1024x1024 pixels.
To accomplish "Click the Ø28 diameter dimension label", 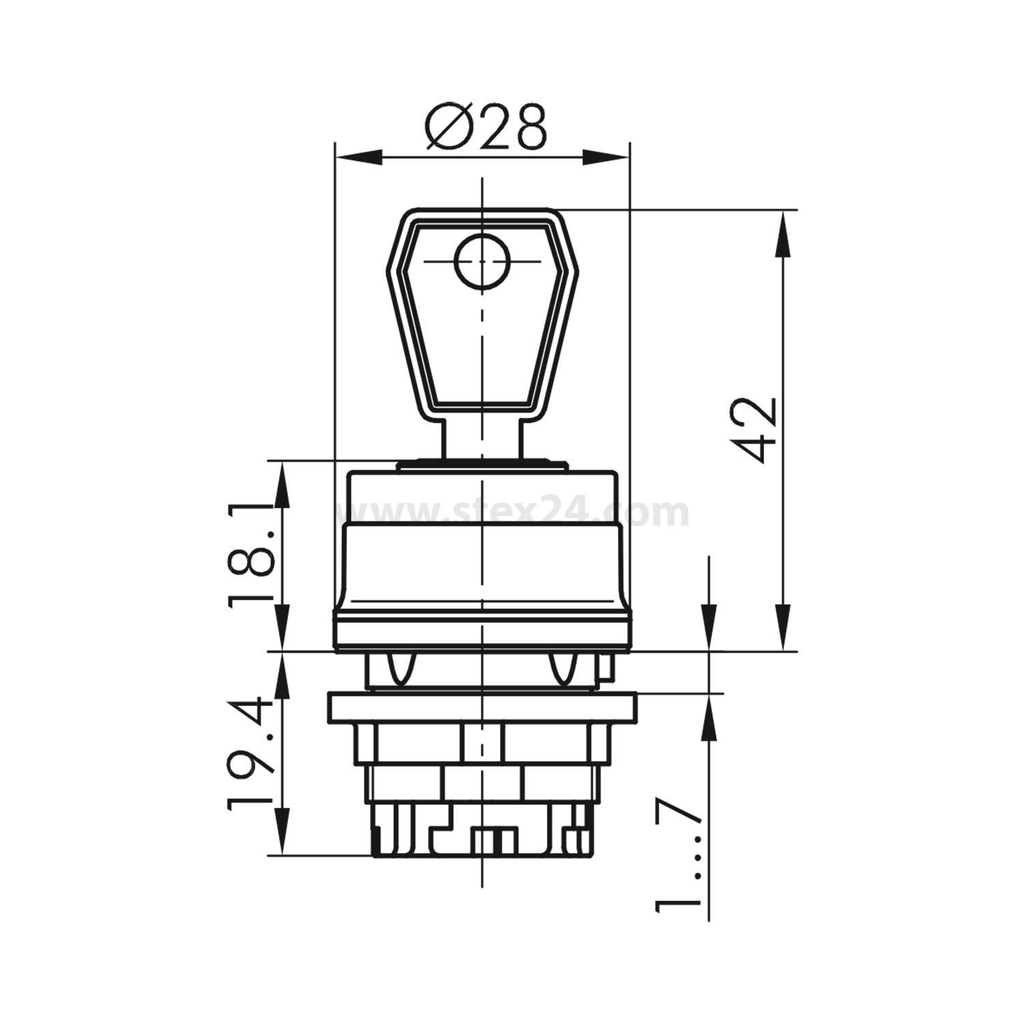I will (x=485, y=128).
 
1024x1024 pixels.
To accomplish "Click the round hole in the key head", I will (x=482, y=261).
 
